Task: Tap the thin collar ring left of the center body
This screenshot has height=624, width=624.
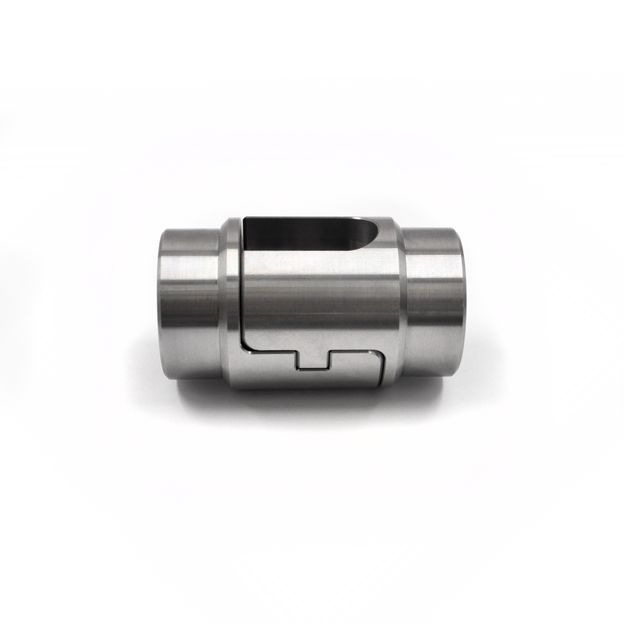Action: [231, 301]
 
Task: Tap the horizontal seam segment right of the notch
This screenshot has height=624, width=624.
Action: [355, 351]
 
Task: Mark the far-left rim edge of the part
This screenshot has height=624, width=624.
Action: [161, 301]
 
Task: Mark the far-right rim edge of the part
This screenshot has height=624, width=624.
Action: [463, 301]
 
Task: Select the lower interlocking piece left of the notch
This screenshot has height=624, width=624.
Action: [269, 370]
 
